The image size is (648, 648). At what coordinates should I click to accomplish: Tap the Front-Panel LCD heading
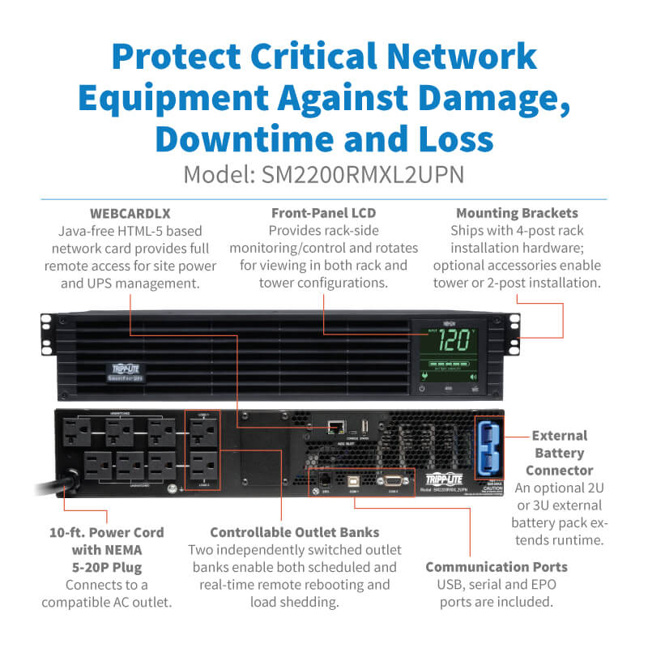(x=324, y=214)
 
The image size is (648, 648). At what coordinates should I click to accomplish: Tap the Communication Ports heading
(x=497, y=566)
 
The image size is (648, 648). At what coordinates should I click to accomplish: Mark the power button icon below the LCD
(x=422, y=390)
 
